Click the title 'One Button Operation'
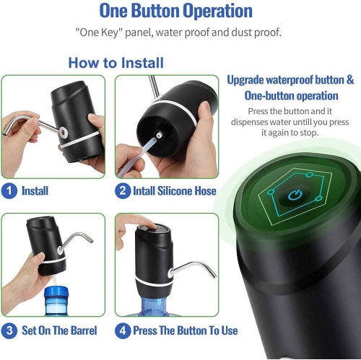175,12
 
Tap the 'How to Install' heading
116,63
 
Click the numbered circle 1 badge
9,191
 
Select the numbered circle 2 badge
123,191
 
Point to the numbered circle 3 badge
9,331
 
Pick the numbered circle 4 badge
123,331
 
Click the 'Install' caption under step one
35,191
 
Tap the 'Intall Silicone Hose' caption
172,191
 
